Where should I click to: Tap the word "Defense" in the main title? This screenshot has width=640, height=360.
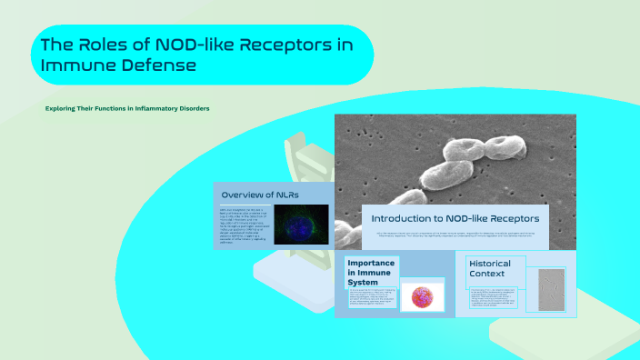pyautogui.click(x=162, y=65)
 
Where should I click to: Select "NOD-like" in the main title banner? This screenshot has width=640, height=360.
pyautogui.click(x=196, y=45)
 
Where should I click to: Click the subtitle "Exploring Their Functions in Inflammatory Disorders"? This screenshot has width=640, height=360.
pyautogui.click(x=127, y=108)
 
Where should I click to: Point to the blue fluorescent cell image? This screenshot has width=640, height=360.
pyautogui.click(x=295, y=224)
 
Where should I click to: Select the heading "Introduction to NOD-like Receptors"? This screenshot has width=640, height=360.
pyautogui.click(x=455, y=218)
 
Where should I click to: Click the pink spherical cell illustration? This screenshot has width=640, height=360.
pyautogui.click(x=421, y=296)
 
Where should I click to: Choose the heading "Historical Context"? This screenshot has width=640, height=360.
pyautogui.click(x=489, y=268)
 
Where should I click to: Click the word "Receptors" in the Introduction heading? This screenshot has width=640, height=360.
pyautogui.click(x=506, y=218)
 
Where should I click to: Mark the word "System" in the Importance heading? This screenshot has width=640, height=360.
pyautogui.click(x=362, y=283)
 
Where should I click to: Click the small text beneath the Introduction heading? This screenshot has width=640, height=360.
pyautogui.click(x=455, y=234)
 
